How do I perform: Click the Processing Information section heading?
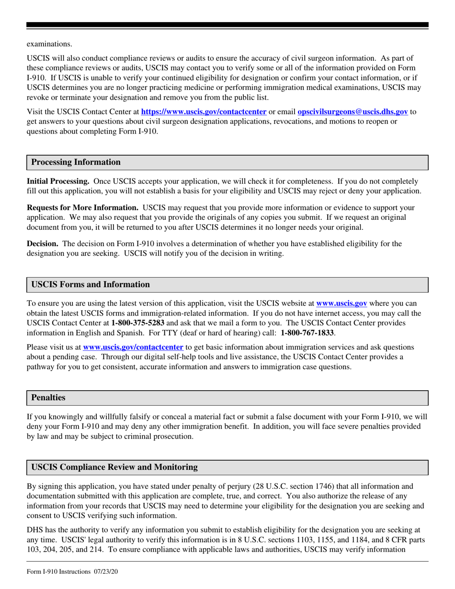(x=76, y=162)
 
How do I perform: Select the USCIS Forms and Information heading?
(x=90, y=284)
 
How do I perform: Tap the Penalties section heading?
(x=48, y=397)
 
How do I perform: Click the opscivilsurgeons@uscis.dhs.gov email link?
(x=353, y=112)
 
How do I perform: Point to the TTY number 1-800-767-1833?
(x=307, y=332)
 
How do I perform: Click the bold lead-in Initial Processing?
(x=58, y=181)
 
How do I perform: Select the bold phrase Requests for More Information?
(x=82, y=208)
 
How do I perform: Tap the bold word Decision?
(x=43, y=244)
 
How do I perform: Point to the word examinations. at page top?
(x=49, y=44)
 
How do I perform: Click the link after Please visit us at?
(x=133, y=347)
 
